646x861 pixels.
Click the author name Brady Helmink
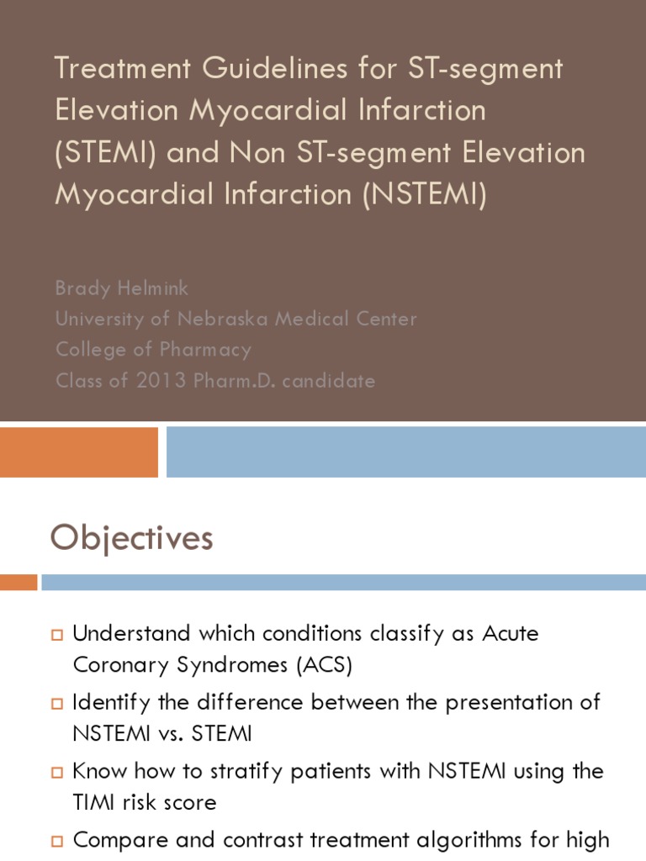[122, 288]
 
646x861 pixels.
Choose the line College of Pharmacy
[153, 349]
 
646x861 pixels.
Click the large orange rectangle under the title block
[79, 452]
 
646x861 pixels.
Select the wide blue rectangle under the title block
[405, 452]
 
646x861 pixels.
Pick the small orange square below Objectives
[19, 582]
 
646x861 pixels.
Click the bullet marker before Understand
[57, 634]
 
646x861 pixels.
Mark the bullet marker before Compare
[57, 840]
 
